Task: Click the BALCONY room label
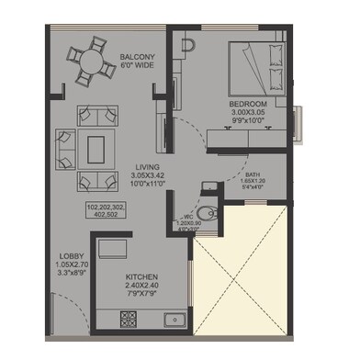click(136, 58)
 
